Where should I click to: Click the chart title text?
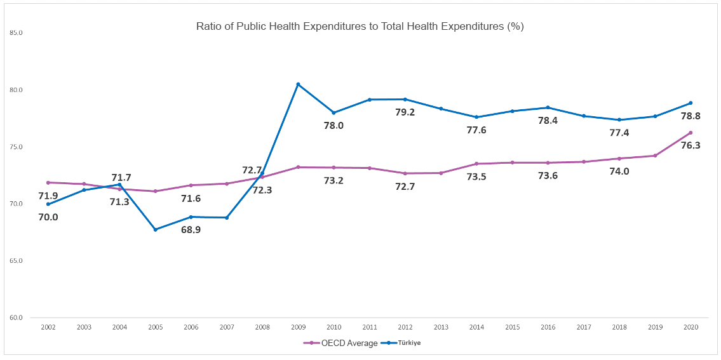360,27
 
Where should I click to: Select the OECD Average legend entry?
346,343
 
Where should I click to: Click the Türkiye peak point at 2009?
298,84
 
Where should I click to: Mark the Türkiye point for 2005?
156,229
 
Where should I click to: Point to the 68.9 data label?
191,230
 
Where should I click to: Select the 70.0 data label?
48,217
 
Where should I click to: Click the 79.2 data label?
405,112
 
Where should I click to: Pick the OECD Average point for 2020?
691,133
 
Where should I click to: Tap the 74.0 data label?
618,171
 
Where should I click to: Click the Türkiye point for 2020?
691,103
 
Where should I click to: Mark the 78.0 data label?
333,126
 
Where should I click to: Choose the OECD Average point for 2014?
476,164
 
